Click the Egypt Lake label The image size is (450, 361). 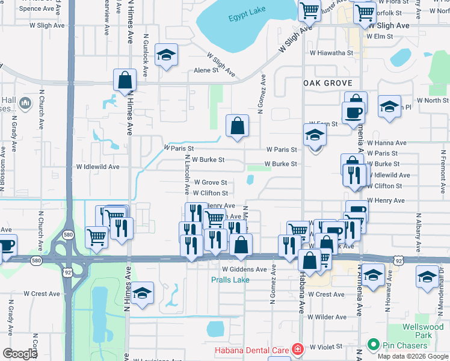[x=246, y=17]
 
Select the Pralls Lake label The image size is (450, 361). [x=230, y=280]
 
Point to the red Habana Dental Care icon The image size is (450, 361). [x=297, y=349]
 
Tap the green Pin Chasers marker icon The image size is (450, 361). [x=373, y=345]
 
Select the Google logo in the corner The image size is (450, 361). [x=20, y=354]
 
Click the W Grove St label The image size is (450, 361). [x=210, y=182]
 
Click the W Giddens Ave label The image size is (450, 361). [x=244, y=270]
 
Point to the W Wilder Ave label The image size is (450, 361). [x=327, y=316]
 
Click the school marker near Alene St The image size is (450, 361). [x=166, y=56]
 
